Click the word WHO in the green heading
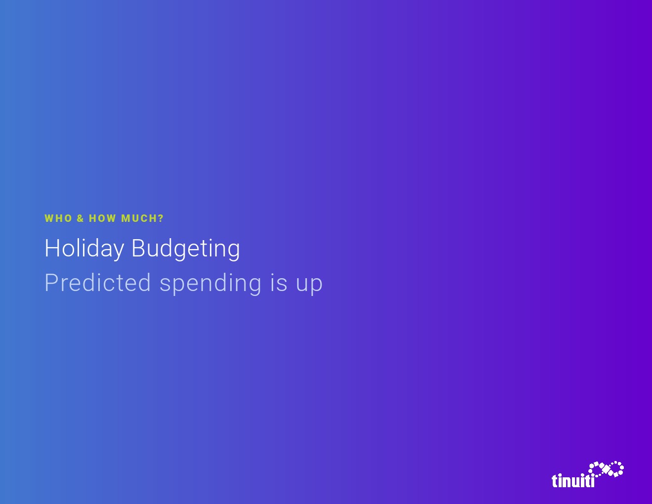[58, 218]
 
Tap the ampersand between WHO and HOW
[80, 218]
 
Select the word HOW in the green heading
[102, 218]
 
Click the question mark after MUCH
[161, 218]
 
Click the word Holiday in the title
[84, 249]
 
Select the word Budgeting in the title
[186, 249]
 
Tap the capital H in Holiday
[51, 248]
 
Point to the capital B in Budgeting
[138, 248]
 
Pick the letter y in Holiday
[118, 252]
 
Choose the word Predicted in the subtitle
[97, 283]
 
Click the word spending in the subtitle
[210, 284]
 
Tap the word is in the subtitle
[279, 283]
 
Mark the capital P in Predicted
[51, 283]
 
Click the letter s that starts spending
[165, 285]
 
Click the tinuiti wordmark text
[573, 480]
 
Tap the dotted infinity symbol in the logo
[606, 469]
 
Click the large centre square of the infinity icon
[606, 469]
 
